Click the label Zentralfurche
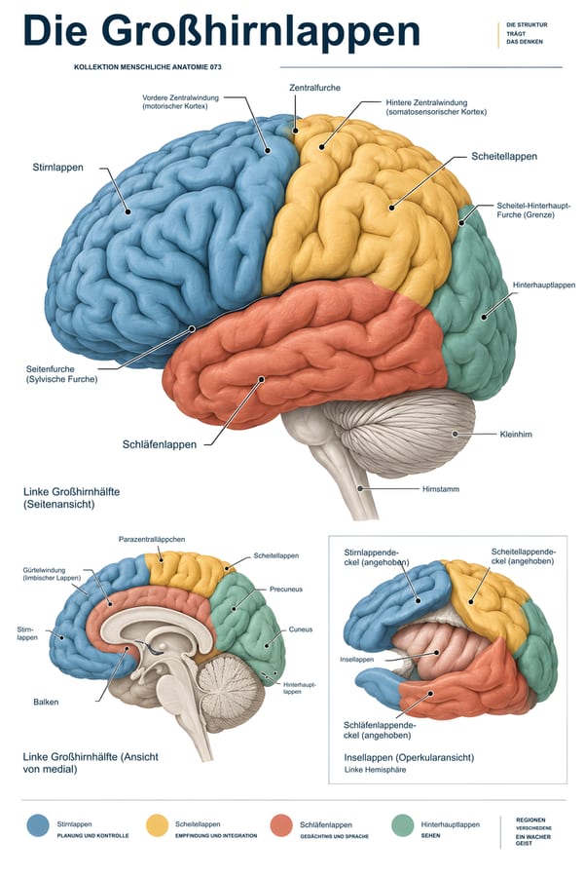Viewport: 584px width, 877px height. pos(314,88)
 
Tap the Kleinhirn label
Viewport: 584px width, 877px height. pos(516,434)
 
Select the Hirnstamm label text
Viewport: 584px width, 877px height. pos(441,489)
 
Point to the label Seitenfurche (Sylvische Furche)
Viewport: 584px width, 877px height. pos(61,374)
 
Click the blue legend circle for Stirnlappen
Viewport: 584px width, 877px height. pos(38,826)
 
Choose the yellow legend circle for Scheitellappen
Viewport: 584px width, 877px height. pos(157,826)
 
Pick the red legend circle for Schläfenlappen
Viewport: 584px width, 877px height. pos(281,826)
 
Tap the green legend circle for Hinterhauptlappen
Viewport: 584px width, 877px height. pos(402,826)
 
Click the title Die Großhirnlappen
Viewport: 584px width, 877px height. pos(221,31)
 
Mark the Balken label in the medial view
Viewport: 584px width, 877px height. pos(46,702)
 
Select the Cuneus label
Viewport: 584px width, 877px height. pos(301,629)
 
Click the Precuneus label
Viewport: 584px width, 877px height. pos(286,589)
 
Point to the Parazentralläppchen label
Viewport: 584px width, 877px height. pos(152,539)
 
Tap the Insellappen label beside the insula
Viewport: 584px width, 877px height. pos(357,660)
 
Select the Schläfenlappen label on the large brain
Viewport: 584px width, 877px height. pos(160,444)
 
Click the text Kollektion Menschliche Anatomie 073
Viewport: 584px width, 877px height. pos(148,67)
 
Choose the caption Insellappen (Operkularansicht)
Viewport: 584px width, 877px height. pos(409,757)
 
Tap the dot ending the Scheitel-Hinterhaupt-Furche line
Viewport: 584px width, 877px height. pos(461,222)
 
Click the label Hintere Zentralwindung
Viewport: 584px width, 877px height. pos(436,107)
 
